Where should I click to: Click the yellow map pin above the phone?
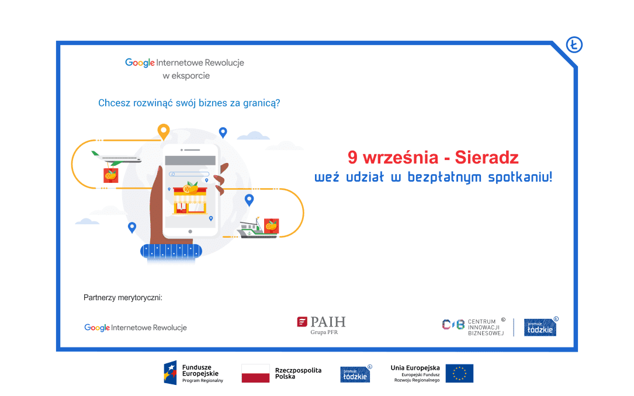coord(164,131)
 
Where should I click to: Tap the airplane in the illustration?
coord(116,158)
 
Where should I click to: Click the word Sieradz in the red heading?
coord(486,158)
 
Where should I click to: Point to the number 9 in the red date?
coord(352,158)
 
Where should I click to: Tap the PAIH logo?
coord(321,325)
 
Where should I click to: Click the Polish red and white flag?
coord(255,373)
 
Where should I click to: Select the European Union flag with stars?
coord(459,373)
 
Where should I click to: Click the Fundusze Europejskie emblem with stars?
coord(170,373)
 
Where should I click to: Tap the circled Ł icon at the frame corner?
coord(574,44)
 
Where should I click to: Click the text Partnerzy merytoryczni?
coord(123,298)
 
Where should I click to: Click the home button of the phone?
coord(190,231)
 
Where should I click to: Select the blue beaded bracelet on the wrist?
coord(171,251)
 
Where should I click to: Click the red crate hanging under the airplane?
coord(111,175)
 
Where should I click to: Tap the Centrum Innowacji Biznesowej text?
coord(486,327)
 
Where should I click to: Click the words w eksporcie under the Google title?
coord(186,75)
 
